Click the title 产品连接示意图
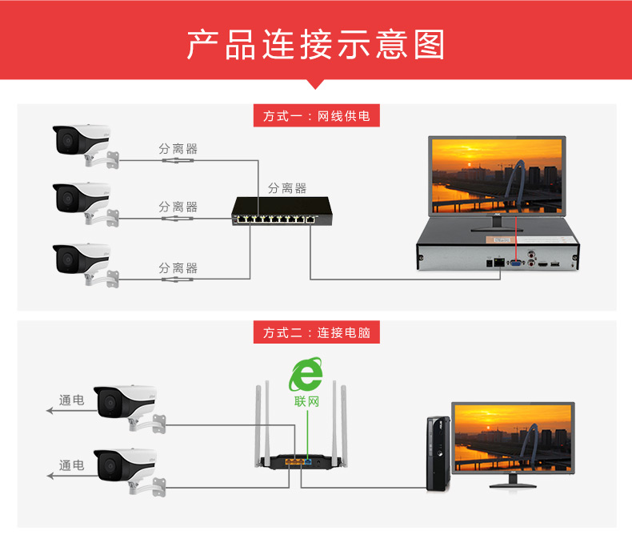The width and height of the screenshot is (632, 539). (315, 45)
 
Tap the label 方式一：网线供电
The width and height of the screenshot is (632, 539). (316, 116)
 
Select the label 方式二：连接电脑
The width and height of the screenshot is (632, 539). (316, 332)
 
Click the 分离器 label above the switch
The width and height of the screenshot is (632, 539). (287, 188)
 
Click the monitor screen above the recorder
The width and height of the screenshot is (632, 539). (497, 172)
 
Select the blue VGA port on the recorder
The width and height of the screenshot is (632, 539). (517, 262)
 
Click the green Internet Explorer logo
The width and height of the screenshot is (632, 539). (306, 374)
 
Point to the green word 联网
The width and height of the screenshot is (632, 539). (306, 400)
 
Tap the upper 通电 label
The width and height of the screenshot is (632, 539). (72, 400)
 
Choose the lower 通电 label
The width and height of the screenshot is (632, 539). (72, 465)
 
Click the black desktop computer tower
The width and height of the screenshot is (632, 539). (437, 453)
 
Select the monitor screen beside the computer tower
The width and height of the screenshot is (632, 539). (513, 438)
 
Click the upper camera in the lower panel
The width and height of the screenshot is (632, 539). (124, 404)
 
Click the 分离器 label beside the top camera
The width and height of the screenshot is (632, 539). (178, 149)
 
